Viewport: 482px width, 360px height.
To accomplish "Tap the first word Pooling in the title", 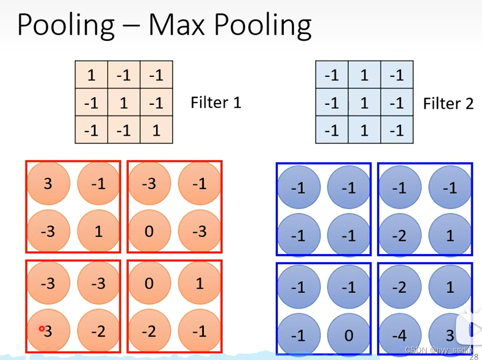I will [x=66, y=26].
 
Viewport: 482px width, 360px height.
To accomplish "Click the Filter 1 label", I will [x=216, y=103].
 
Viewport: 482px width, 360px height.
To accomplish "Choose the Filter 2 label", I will [x=448, y=104].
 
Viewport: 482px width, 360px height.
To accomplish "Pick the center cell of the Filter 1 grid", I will [x=124, y=103].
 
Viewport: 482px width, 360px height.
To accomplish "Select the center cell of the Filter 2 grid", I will [x=364, y=103].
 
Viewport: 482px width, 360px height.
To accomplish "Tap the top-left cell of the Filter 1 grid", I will [x=91, y=75].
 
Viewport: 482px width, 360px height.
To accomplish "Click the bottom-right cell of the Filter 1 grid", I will [x=156, y=130].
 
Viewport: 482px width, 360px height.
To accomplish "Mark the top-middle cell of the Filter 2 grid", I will [x=364, y=75].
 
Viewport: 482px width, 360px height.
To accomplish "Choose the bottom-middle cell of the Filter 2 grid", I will [x=364, y=130].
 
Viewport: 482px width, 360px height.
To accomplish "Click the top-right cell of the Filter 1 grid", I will [x=156, y=75].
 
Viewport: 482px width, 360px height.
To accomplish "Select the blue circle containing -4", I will [x=399, y=334].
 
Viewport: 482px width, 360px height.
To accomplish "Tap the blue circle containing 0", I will [x=349, y=334].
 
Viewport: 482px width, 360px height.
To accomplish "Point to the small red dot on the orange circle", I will [x=42, y=329].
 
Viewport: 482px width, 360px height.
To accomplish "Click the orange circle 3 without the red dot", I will [x=48, y=183].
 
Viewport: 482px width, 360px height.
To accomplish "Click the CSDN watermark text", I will [x=439, y=349].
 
